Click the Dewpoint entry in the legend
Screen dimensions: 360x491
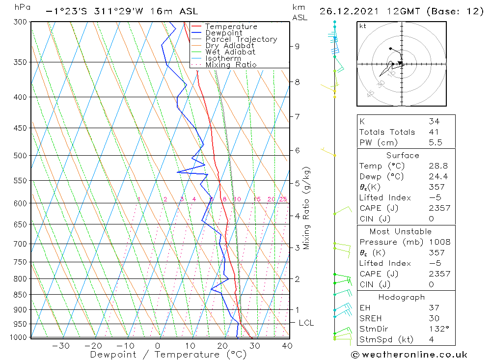(224, 33)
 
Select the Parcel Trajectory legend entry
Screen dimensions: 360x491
(241, 39)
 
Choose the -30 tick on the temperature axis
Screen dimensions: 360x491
(60, 346)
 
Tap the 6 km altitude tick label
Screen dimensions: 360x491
(297, 150)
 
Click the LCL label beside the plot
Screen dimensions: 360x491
(306, 323)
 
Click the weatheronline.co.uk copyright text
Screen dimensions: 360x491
(409, 354)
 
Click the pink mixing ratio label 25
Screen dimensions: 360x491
(283, 199)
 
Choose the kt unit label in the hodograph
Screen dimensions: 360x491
(362, 26)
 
